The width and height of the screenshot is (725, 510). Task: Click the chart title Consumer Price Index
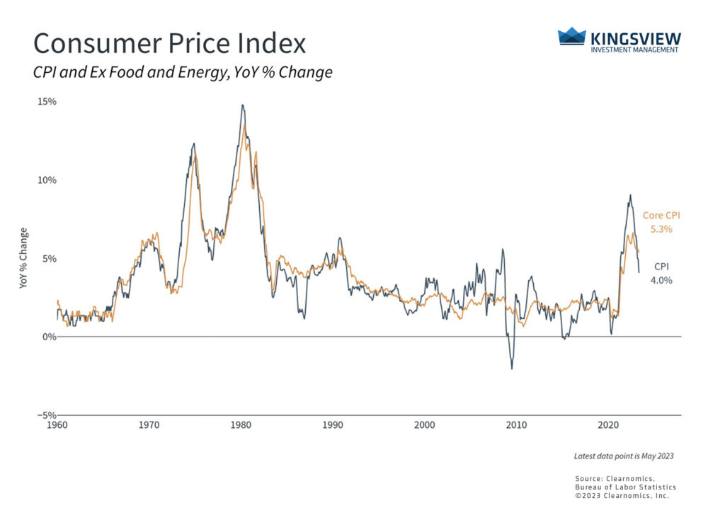[x=170, y=43]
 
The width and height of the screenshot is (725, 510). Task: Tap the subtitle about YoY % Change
[x=183, y=73]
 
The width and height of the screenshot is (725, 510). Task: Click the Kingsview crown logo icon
[x=572, y=36]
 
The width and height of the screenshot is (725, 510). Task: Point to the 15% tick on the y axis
[x=47, y=102]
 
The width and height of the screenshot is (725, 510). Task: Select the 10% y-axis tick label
[x=47, y=180]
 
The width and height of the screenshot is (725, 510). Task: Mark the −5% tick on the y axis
[x=47, y=415]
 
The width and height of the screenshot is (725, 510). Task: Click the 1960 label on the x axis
[x=57, y=425]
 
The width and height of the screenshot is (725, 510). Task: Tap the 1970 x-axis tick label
[x=149, y=425]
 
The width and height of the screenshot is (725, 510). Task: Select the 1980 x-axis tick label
[x=241, y=425]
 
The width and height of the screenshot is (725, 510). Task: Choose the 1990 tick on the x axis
[x=333, y=425]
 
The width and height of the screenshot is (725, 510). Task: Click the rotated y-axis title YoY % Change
[x=24, y=258]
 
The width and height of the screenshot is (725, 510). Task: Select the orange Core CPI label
[x=661, y=216]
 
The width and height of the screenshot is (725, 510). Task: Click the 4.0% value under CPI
[x=661, y=280]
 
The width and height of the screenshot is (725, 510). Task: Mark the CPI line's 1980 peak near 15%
[x=242, y=105]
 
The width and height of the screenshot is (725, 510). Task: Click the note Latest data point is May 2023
[x=624, y=456]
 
